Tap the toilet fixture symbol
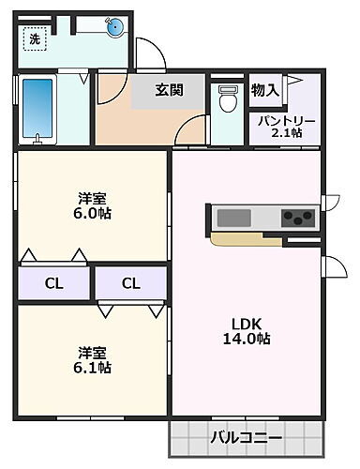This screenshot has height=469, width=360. click(227, 99)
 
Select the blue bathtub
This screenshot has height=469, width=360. click(37, 109)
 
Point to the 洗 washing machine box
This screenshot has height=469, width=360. click(34, 39)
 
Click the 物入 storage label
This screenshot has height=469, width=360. click(264, 90)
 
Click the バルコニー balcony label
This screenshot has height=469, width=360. click(246, 436)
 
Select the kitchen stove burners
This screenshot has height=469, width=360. click(299, 219)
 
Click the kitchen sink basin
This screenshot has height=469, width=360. click(235, 218)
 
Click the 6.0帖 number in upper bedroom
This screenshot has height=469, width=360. click(92, 214)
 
